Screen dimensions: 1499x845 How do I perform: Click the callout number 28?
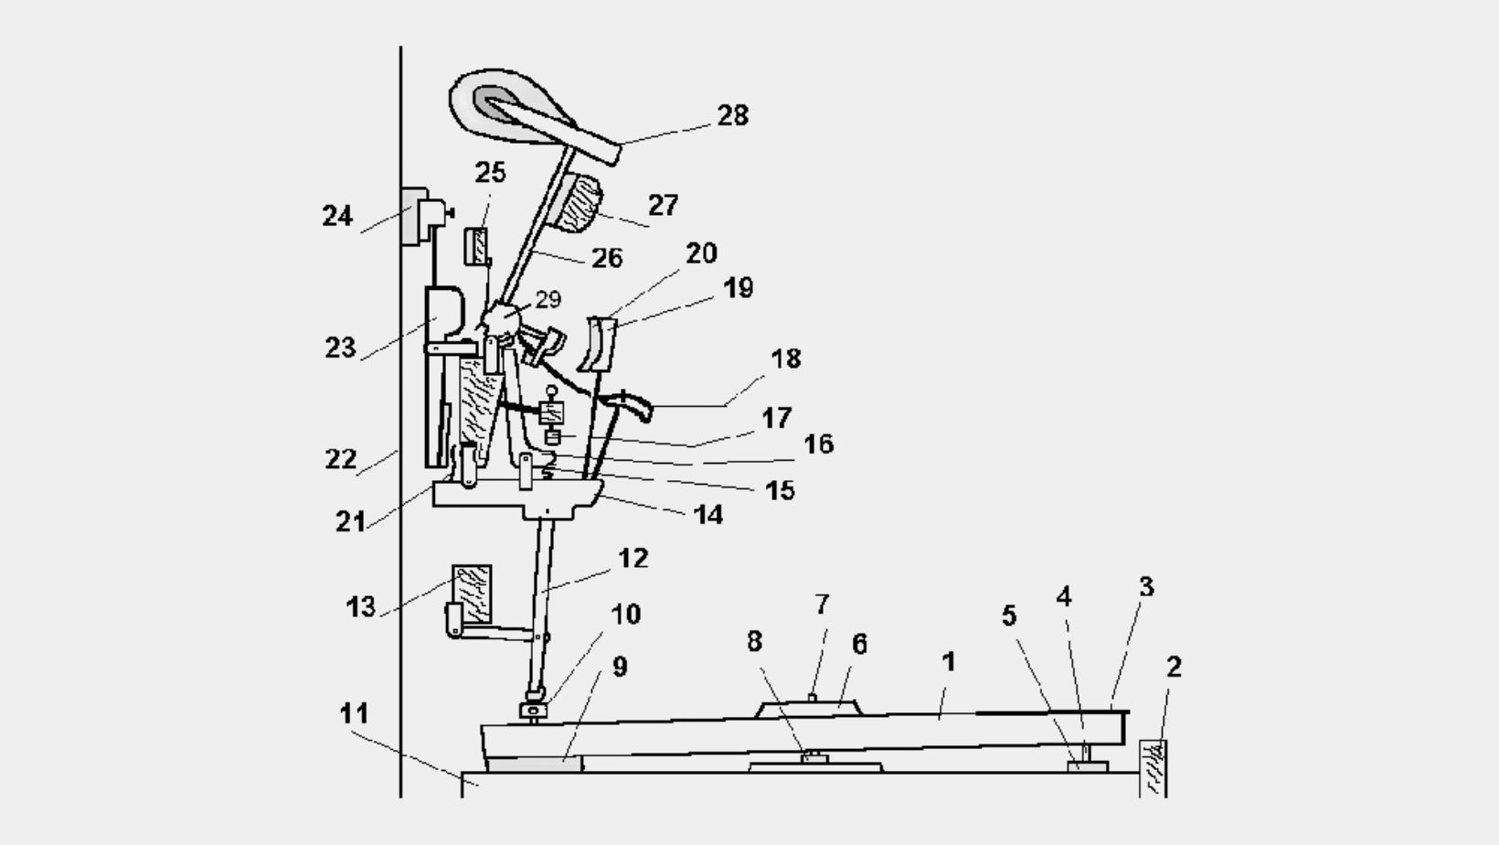[733, 115]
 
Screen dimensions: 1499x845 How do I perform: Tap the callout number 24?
[337, 216]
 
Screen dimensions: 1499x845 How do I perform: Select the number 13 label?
[361, 606]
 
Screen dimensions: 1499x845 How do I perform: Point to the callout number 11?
[354, 713]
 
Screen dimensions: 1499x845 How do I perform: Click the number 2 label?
[1174, 667]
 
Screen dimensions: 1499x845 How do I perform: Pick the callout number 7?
[823, 604]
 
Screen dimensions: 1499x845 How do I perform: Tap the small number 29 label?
[548, 299]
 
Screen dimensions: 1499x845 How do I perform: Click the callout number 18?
[786, 358]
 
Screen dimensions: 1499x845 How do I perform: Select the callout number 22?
[341, 459]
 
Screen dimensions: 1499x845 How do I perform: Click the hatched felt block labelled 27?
[579, 203]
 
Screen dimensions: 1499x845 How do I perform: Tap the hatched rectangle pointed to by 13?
[473, 594]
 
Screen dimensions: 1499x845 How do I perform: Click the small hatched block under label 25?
[476, 246]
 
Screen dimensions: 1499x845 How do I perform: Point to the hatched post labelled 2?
[1153, 768]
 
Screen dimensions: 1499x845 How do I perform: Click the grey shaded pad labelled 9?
[534, 764]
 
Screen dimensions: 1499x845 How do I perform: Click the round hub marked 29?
[501, 319]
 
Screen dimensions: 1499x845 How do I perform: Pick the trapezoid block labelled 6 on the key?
[808, 709]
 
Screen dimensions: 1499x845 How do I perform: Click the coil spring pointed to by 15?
[548, 466]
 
